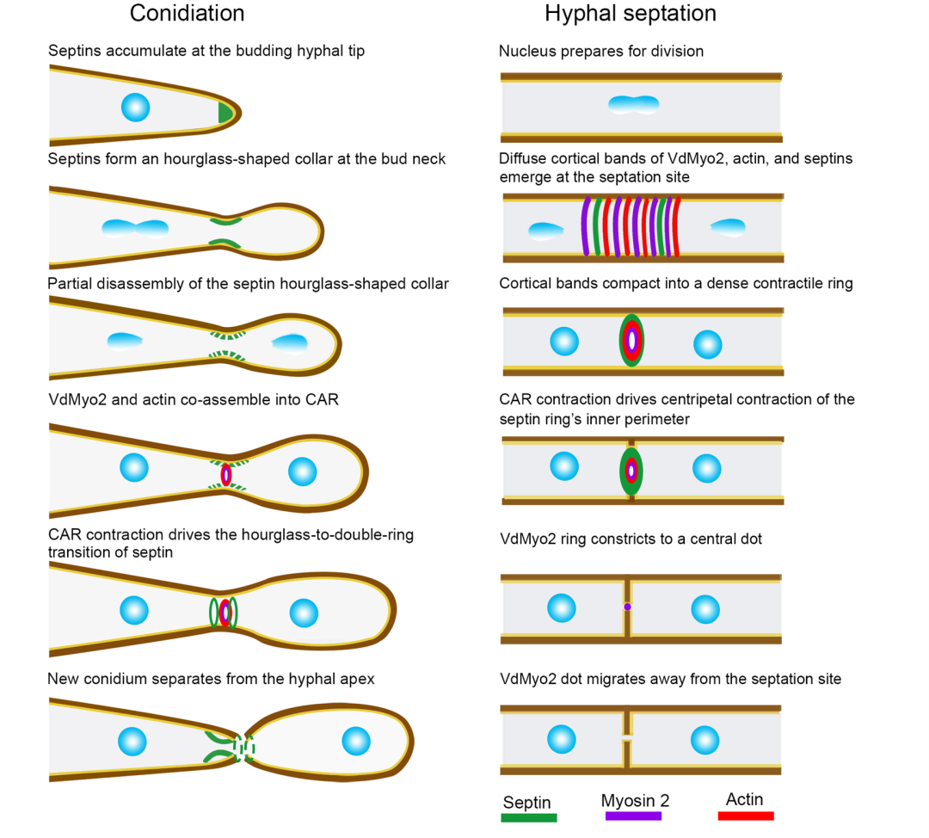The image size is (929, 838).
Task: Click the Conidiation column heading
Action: (x=187, y=14)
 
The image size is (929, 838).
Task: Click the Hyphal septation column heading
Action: (x=630, y=14)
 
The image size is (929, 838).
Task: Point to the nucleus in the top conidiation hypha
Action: (x=136, y=108)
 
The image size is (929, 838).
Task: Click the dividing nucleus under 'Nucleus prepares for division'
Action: (x=633, y=105)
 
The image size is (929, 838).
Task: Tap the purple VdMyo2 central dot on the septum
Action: (x=628, y=607)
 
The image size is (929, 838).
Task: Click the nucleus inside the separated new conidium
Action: (x=355, y=740)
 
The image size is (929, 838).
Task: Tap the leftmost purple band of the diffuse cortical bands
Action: (x=587, y=226)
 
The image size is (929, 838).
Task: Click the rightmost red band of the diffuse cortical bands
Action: (x=676, y=226)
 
